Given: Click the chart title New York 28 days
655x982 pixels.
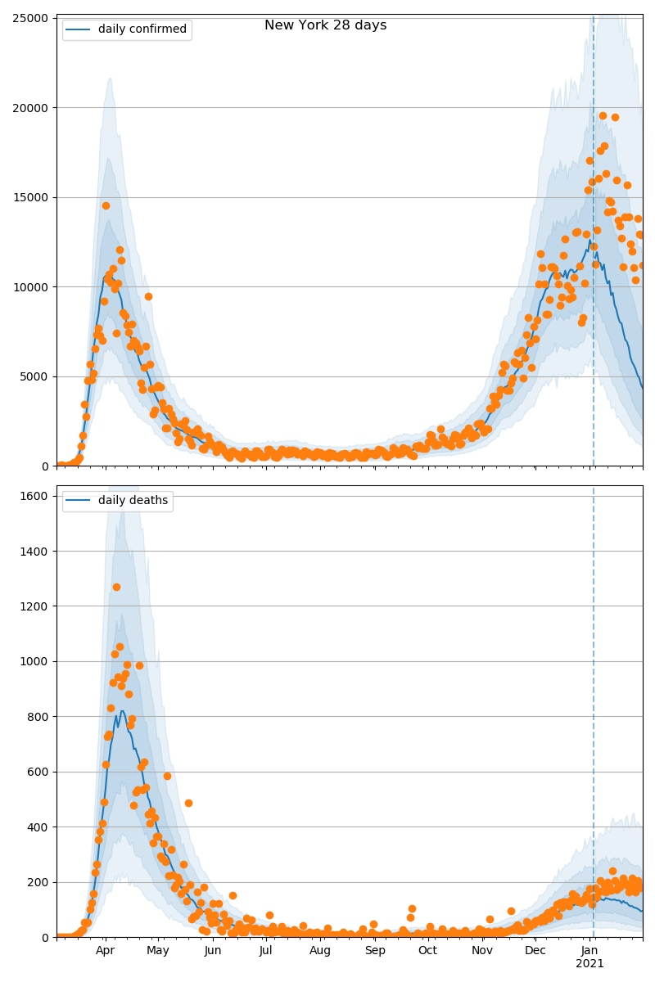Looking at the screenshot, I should click(x=325, y=25).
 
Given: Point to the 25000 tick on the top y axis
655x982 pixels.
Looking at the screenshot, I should click(x=34, y=18).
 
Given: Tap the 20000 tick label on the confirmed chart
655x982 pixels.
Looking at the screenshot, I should click(x=34, y=108).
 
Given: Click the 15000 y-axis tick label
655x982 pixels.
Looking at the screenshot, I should click(x=34, y=197).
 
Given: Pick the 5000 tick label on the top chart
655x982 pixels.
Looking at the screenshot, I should click(x=37, y=376).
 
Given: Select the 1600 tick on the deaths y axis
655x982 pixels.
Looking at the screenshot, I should click(x=37, y=496).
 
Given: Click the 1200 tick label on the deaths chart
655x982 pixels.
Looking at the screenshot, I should click(x=37, y=606).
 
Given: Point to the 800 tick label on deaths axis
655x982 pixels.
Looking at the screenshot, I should click(x=40, y=717).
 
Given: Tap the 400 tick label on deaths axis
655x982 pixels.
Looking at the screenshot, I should click(x=40, y=827).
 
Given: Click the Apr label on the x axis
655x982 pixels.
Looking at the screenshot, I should click(x=105, y=951).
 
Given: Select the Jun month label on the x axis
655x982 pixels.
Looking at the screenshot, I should click(x=213, y=951).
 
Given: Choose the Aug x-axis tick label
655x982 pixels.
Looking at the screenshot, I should click(x=320, y=951).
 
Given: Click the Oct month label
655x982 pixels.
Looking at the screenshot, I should click(x=427, y=951).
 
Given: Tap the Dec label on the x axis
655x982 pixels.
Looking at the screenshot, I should click(x=535, y=951).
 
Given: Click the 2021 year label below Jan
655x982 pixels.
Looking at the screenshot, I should click(x=589, y=964).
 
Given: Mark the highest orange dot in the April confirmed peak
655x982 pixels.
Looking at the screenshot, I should click(x=106, y=205).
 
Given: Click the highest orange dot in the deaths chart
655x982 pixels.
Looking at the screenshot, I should click(x=116, y=587).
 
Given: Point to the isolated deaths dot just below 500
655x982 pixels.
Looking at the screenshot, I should click(x=188, y=803).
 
